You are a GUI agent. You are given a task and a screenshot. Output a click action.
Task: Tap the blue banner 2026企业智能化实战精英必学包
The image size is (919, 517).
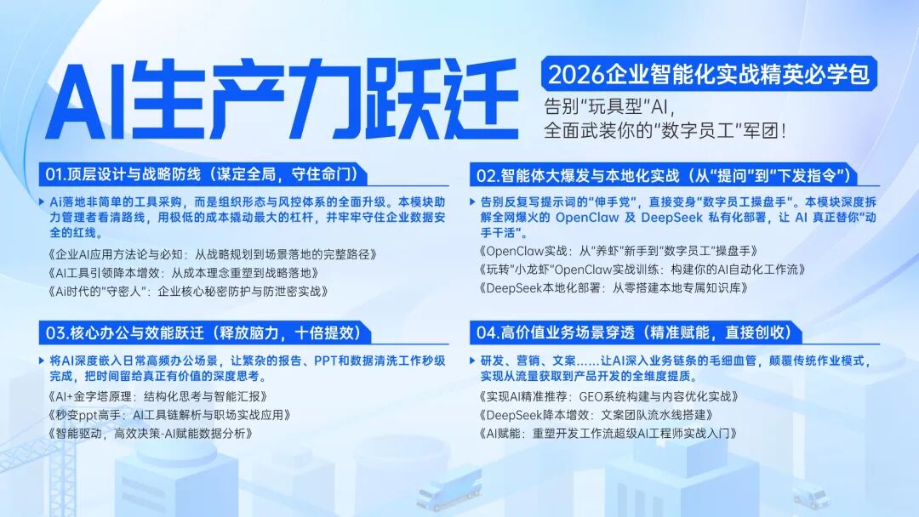click(709, 74)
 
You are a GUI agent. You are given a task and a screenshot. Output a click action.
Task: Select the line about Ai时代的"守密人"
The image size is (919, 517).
click(188, 291)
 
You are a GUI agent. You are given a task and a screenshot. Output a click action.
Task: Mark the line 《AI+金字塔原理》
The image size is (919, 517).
click(157, 396)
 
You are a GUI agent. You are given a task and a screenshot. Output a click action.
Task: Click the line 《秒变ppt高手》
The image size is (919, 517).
click(169, 415)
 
